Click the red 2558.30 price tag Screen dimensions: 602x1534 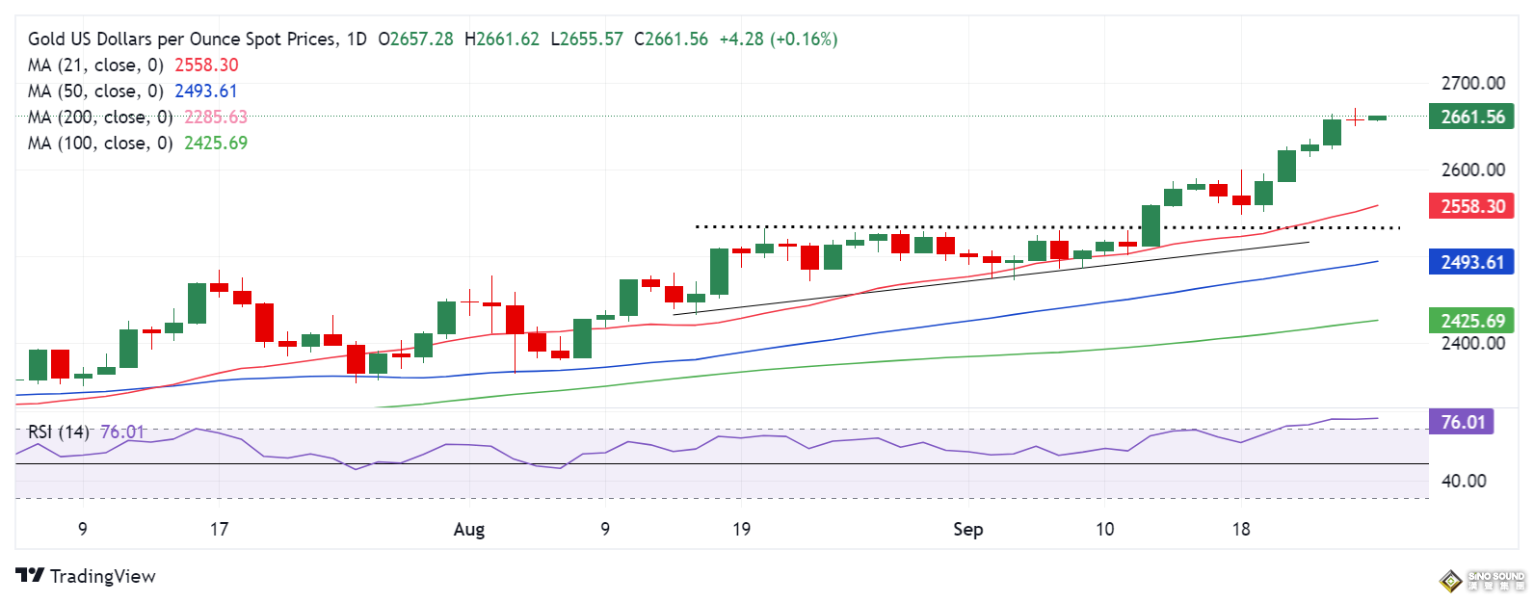(x=1472, y=206)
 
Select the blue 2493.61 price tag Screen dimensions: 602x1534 (x=1472, y=262)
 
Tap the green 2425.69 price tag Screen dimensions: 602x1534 (x=1472, y=321)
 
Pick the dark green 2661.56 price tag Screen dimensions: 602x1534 (x=1472, y=117)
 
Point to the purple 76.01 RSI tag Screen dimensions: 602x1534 (x=1462, y=422)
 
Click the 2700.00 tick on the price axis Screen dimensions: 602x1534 (x=1472, y=83)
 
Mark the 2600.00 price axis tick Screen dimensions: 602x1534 (x=1472, y=170)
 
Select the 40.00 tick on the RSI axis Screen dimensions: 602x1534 (x=1463, y=481)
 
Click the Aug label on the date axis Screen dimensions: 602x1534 (x=469, y=529)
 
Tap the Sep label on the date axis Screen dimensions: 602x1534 (x=967, y=529)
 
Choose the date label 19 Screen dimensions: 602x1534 (x=741, y=529)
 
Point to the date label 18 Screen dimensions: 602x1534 (x=1241, y=529)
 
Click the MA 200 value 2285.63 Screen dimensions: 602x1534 (x=216, y=117)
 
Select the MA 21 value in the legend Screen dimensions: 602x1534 (x=206, y=65)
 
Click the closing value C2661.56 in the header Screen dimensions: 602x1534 (x=671, y=39)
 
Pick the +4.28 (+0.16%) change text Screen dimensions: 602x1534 (x=779, y=39)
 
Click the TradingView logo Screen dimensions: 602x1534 (x=86, y=576)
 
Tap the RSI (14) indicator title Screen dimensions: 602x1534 (x=58, y=432)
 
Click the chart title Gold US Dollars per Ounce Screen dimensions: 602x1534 (x=183, y=39)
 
